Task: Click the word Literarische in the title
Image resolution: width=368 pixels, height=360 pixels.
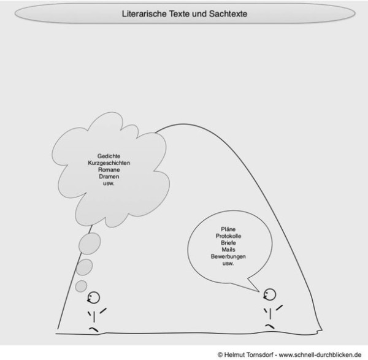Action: pyautogui.click(x=144, y=13)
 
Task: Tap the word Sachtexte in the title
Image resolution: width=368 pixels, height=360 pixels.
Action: pyautogui.click(x=228, y=13)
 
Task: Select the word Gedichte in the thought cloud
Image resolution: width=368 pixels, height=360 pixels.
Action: pyautogui.click(x=109, y=156)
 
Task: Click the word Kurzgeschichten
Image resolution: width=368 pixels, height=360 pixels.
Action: pyautogui.click(x=109, y=163)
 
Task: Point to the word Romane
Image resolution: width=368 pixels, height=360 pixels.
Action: pyautogui.click(x=109, y=170)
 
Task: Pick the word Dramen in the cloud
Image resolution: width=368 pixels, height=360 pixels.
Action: pyautogui.click(x=109, y=177)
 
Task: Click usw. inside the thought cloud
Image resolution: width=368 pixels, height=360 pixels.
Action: pyautogui.click(x=109, y=183)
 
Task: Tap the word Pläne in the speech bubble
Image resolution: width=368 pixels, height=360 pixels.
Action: pyautogui.click(x=228, y=229)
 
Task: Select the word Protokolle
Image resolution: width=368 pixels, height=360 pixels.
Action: pyautogui.click(x=228, y=236)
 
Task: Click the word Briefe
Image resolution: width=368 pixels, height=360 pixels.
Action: pyautogui.click(x=228, y=243)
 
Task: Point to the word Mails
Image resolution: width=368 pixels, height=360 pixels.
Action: pyautogui.click(x=228, y=250)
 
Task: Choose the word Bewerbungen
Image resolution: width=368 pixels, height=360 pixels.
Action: pyautogui.click(x=228, y=256)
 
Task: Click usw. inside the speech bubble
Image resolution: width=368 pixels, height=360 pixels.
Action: pyautogui.click(x=228, y=263)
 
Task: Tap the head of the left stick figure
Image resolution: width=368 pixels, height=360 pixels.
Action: pyautogui.click(x=94, y=297)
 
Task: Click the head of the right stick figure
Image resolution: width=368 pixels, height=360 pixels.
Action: pyautogui.click(x=270, y=294)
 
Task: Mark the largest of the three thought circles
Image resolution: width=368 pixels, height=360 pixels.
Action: pyautogui.click(x=90, y=243)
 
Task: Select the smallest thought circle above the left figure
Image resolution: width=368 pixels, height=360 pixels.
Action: pyautogui.click(x=81, y=286)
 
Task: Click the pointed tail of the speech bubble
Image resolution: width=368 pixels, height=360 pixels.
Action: pyautogui.click(x=259, y=292)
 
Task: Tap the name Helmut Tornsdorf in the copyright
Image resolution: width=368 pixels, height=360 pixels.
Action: pyautogui.click(x=249, y=354)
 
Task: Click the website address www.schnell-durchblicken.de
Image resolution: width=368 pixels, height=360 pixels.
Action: pyautogui.click(x=320, y=354)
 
